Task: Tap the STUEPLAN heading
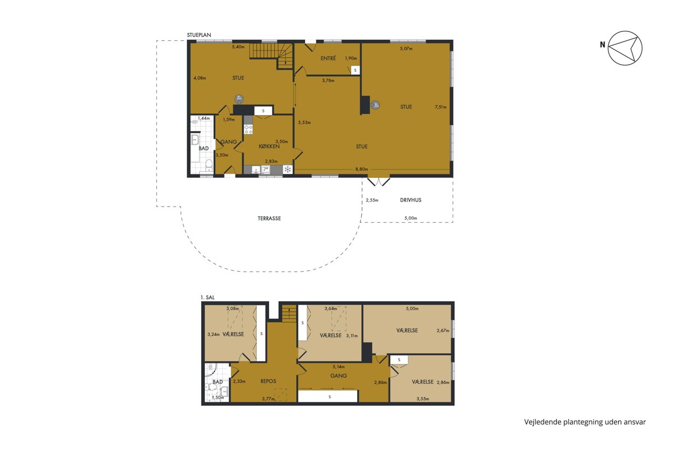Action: (199, 35)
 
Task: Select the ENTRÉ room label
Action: (328, 58)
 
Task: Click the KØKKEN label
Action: (269, 146)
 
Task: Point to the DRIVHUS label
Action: (411, 200)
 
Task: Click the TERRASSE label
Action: (269, 218)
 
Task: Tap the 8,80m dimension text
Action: (362, 169)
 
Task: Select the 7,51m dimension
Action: (441, 107)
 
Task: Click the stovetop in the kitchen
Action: (248, 129)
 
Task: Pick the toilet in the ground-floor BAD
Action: (209, 166)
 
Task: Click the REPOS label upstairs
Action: (268, 381)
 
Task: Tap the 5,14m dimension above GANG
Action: (339, 366)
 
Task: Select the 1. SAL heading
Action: (208, 297)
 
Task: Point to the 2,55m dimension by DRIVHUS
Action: (372, 200)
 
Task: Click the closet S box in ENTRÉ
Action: (356, 70)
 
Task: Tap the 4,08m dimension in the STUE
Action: (200, 78)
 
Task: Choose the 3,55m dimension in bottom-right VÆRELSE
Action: (423, 399)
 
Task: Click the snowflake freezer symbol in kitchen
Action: (288, 169)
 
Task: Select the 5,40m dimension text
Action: (238, 47)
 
